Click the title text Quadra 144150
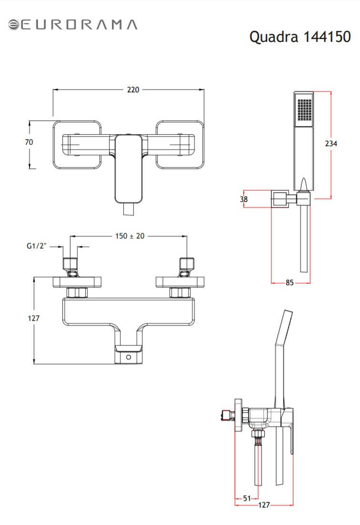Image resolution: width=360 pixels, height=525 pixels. pos(300,37)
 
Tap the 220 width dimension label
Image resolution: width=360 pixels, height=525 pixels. pos(133,89)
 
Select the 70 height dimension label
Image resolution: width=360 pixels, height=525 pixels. pos(29,142)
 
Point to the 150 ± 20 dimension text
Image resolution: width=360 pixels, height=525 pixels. pos(130,236)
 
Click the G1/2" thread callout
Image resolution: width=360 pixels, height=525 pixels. pos(37,246)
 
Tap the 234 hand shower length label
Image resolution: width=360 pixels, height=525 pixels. pos(331,143)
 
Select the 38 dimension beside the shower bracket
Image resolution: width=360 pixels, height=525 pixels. pos(244,199)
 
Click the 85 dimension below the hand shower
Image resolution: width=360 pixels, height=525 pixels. pos(290,283)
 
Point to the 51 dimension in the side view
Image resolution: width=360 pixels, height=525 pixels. pos(247,498)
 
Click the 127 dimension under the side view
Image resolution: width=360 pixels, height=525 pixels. pos(264,505)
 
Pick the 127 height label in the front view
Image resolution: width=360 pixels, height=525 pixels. pos(33,318)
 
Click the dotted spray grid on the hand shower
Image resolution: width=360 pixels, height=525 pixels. pos(304,109)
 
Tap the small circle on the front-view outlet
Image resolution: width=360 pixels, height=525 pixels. pos(129,357)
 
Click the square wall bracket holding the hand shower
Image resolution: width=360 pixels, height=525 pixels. pos(280,199)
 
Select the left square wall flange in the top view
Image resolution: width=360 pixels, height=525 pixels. pos(77,145)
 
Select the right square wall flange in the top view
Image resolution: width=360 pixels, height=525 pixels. pos(180,145)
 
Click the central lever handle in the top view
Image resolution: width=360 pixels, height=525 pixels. pos(129,169)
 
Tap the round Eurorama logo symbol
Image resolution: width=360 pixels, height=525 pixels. pos(14,25)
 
